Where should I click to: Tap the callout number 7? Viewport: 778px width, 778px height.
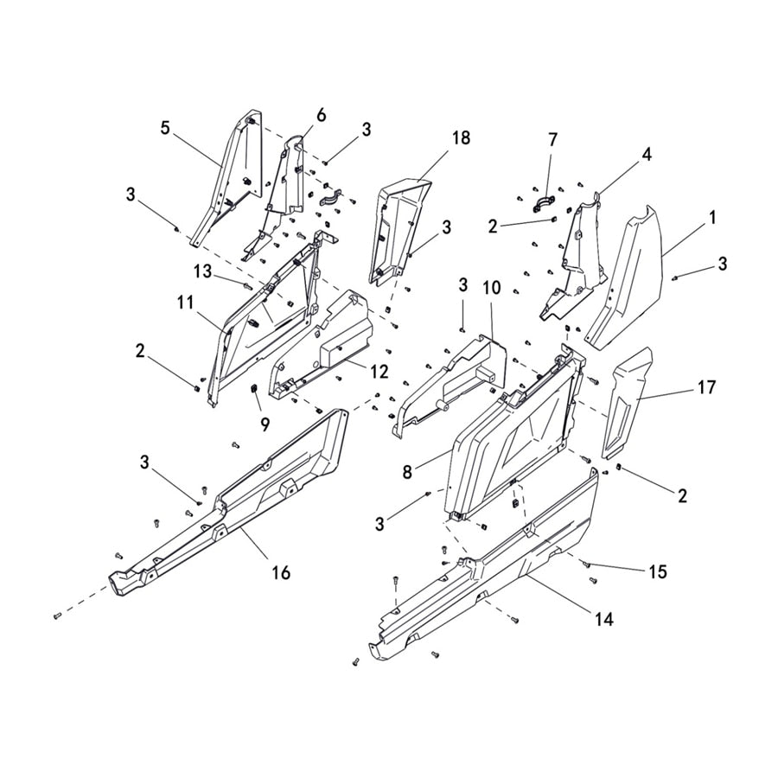553,139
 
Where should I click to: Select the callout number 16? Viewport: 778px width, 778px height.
280,572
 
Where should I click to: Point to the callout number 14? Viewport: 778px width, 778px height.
604,619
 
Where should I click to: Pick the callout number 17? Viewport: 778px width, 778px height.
706,388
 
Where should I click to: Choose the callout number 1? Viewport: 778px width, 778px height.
712,219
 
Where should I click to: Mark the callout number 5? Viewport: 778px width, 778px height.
164,129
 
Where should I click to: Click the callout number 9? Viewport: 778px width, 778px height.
265,424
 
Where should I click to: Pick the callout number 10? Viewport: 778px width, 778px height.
492,285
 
